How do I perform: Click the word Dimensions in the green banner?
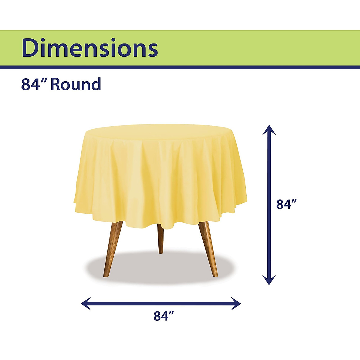[90, 48]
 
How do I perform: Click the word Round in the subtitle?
[76, 84]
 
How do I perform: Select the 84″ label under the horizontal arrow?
[164, 316]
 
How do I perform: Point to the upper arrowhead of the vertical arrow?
[269, 130]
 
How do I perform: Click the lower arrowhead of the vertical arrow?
[269, 280]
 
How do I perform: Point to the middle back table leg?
[160, 238]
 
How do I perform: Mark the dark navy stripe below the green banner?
[180, 67]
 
